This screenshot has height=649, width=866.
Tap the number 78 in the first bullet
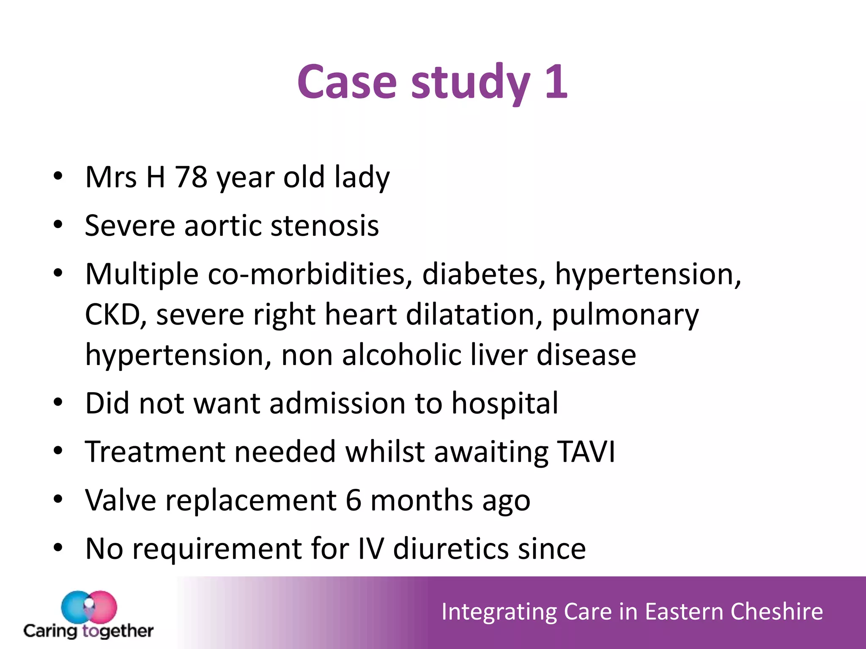coord(191,177)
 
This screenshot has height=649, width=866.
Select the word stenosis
coord(325,226)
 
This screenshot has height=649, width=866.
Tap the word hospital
coord(505,404)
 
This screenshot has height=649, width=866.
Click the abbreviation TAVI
coord(586,452)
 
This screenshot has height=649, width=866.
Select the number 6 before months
coord(354,500)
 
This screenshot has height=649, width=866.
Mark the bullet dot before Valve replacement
coord(58,499)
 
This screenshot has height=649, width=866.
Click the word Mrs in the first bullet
coord(111,177)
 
